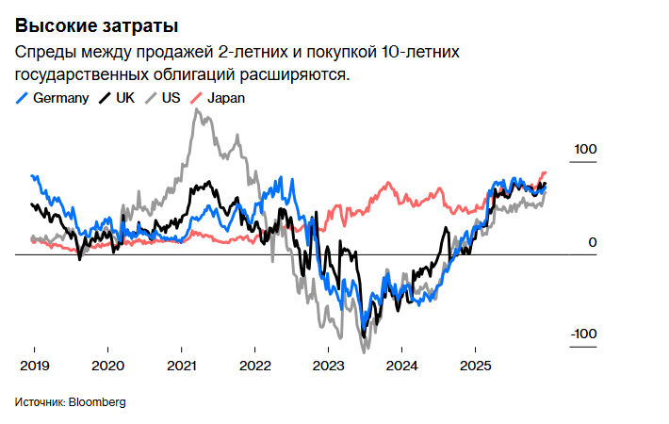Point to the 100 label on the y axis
click(x=586, y=150)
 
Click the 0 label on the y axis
click(x=593, y=243)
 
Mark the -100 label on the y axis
click(x=584, y=334)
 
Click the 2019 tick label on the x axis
click(x=34, y=366)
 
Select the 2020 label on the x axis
click(x=107, y=366)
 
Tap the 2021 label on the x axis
click(x=181, y=366)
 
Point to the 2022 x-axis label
click(x=254, y=366)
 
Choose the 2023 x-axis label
click(x=328, y=366)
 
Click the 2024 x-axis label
click(x=401, y=366)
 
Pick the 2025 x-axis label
click(x=475, y=366)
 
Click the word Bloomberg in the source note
click(x=96, y=402)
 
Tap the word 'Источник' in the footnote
click(x=39, y=402)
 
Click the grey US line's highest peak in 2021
click(x=196, y=110)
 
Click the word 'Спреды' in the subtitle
click(x=42, y=52)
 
